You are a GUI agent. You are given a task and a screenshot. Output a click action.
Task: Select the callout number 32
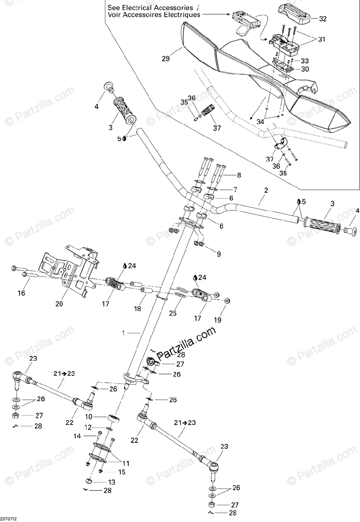323,19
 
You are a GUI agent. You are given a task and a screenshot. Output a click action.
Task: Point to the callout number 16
21,294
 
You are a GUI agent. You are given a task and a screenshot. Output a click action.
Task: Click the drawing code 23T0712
12,519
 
